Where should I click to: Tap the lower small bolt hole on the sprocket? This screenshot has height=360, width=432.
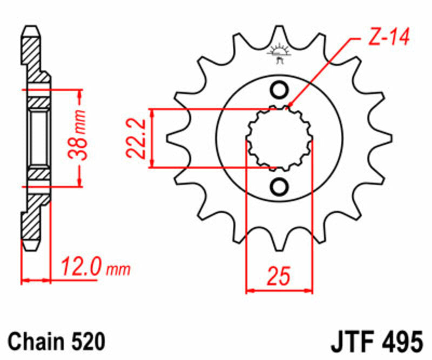tap(280, 187)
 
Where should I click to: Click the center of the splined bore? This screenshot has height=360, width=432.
tap(279, 138)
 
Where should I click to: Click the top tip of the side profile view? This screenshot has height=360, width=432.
tap(32, 27)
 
